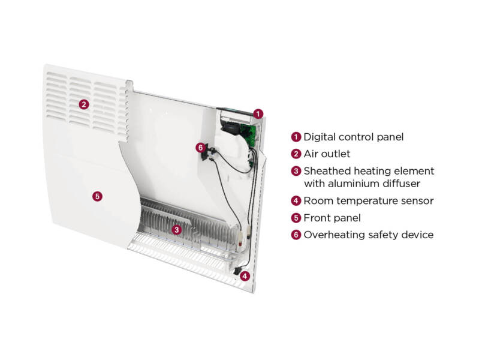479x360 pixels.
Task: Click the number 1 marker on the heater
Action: coord(258,113)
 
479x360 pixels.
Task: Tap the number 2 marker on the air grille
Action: coord(84,104)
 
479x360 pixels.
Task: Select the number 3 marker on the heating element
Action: coord(176,229)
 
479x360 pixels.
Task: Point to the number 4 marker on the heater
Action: coord(245,276)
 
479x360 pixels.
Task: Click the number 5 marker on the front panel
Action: coord(98,196)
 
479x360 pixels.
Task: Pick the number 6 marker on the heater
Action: coord(201,147)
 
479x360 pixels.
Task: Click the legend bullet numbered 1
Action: coord(296,137)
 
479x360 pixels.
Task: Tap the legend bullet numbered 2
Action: coord(296,154)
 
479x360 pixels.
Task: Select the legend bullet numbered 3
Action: coord(296,171)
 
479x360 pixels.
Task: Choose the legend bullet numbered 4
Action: coord(296,201)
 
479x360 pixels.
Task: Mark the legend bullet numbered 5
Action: coord(296,218)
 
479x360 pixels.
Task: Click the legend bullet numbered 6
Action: coord(296,235)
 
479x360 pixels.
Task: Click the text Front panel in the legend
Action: coord(332,218)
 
